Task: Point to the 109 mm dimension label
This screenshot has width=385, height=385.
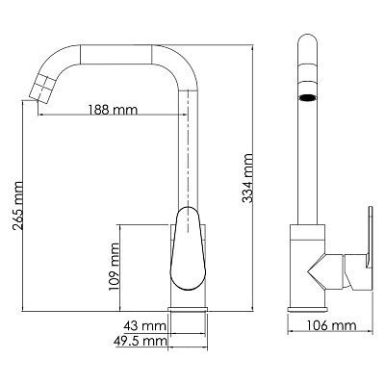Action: (115, 266)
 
